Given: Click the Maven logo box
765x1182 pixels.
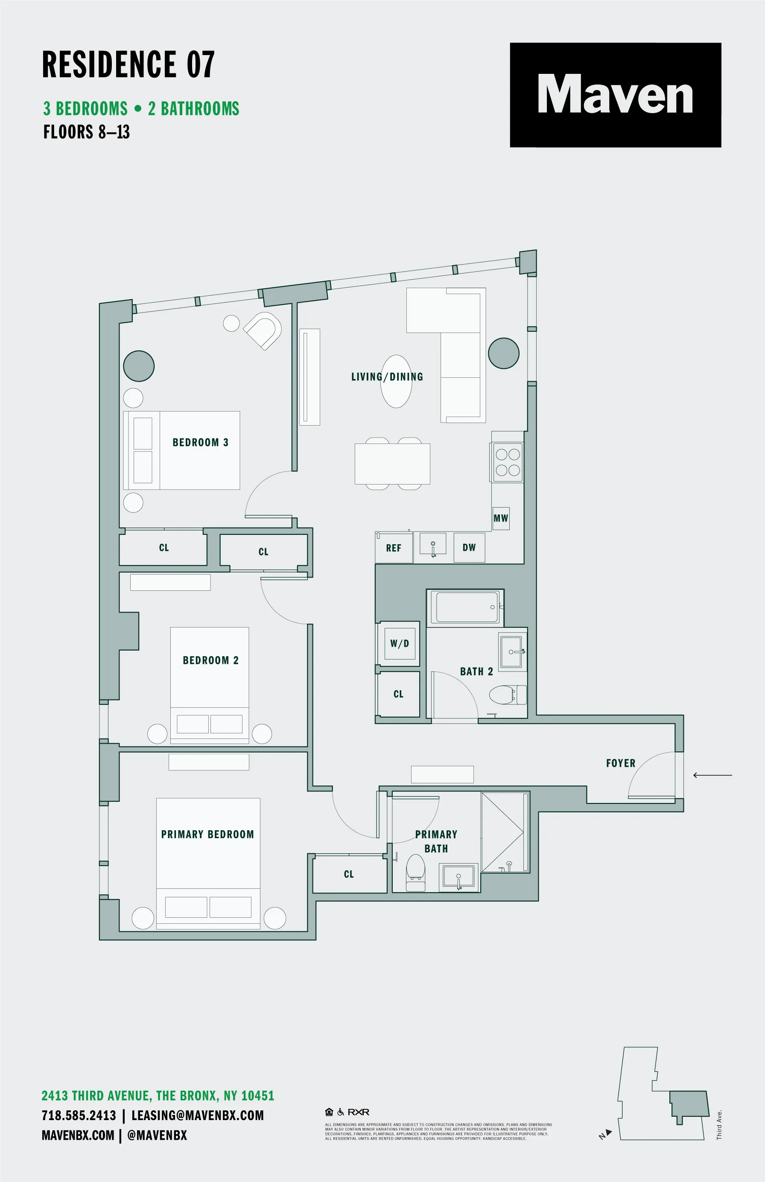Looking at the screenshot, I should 615,95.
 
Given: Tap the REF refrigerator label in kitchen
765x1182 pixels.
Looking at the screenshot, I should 394,548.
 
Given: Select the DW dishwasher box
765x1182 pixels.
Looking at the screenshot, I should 469,547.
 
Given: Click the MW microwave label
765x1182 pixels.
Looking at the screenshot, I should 501,518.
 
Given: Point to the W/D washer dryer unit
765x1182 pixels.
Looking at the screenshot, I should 400,643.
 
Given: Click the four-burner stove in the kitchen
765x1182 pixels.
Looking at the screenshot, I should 508,462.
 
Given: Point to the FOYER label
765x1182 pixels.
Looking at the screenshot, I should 620,763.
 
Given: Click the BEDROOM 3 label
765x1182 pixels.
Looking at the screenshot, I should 200,442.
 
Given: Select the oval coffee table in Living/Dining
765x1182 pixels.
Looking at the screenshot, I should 396,382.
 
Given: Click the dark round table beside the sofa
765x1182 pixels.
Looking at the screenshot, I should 503,353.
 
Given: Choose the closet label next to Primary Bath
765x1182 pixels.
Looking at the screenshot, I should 349,874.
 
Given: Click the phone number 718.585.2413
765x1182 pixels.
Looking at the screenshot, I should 79,1115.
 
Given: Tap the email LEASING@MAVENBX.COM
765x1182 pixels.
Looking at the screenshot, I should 197,1115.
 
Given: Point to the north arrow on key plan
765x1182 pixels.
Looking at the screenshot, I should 605,1134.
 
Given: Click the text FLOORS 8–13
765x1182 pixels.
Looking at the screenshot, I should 86,132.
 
